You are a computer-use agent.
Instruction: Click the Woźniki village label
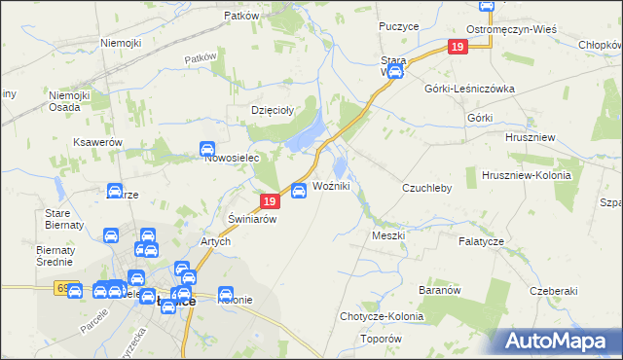[x=331, y=186]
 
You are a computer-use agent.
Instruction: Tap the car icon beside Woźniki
[x=299, y=190]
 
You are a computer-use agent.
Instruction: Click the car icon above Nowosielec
[x=207, y=149]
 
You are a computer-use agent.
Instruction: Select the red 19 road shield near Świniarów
[x=271, y=201]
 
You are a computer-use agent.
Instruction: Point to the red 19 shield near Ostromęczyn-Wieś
[x=458, y=47]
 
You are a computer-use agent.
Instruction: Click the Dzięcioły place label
[x=273, y=110]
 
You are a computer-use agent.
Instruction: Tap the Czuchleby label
[x=427, y=188]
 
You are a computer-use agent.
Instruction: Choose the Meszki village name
[x=388, y=235]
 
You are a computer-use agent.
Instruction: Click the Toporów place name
[x=381, y=339]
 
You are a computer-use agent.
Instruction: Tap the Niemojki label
[x=121, y=44]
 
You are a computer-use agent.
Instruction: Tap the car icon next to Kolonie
[x=226, y=293]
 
